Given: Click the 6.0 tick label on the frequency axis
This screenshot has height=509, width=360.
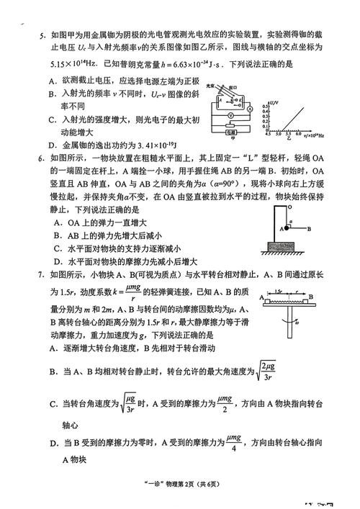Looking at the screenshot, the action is (298, 135).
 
